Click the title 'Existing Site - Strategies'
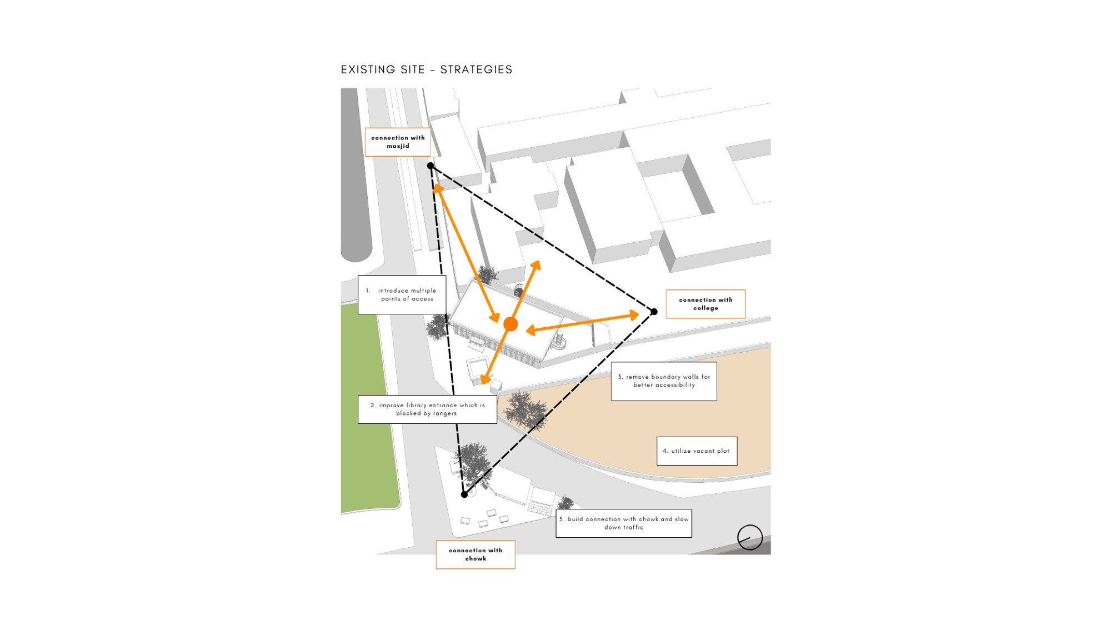click(427, 69)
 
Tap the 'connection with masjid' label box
click(398, 142)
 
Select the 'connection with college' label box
click(705, 304)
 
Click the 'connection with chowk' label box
click(476, 554)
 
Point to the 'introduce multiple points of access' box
click(402, 294)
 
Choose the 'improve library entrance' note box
click(427, 409)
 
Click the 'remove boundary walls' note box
click(664, 381)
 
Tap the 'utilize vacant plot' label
click(697, 451)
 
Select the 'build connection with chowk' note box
click(624, 523)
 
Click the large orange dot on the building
click(511, 324)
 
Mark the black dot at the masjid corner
click(431, 166)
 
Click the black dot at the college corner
click(654, 312)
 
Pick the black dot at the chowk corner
click(464, 494)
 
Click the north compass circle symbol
click(750, 537)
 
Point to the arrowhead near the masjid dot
click(438, 189)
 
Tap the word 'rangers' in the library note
click(444, 413)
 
